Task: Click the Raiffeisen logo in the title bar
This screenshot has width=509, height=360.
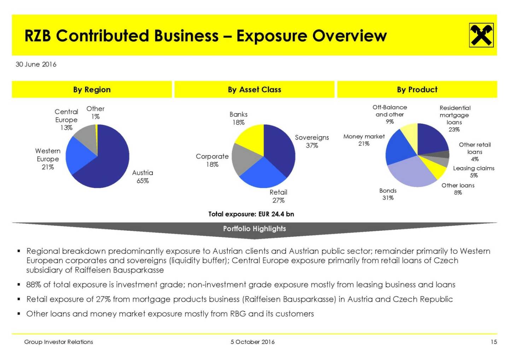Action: [x=481, y=35]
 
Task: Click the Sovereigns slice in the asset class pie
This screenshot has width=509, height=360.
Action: [x=281, y=148]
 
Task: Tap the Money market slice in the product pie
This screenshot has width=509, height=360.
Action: [x=398, y=148]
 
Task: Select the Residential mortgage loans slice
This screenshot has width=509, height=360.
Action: [x=431, y=140]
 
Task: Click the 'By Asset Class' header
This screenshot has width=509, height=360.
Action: [x=255, y=90]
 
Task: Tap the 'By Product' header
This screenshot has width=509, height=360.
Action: [x=417, y=90]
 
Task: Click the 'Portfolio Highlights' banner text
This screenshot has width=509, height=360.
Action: [x=255, y=229]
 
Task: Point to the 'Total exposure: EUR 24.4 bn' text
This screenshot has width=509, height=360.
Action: [x=251, y=214]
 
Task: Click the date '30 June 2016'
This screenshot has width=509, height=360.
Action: [x=36, y=64]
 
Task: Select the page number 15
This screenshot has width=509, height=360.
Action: [x=494, y=342]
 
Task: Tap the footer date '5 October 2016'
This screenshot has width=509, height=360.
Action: [x=252, y=342]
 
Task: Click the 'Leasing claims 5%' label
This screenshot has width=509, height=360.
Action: [x=474, y=172]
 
